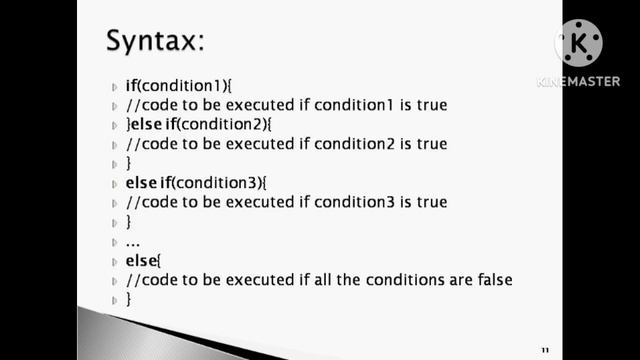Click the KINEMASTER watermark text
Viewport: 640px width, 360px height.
tap(578, 82)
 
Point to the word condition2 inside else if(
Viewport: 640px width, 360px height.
tap(217, 125)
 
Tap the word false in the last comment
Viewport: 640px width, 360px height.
tap(491, 280)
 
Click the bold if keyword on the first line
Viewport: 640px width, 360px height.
tap(131, 86)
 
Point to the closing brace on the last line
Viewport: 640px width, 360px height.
tap(129, 299)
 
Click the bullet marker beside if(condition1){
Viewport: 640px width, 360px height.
tap(115, 87)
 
